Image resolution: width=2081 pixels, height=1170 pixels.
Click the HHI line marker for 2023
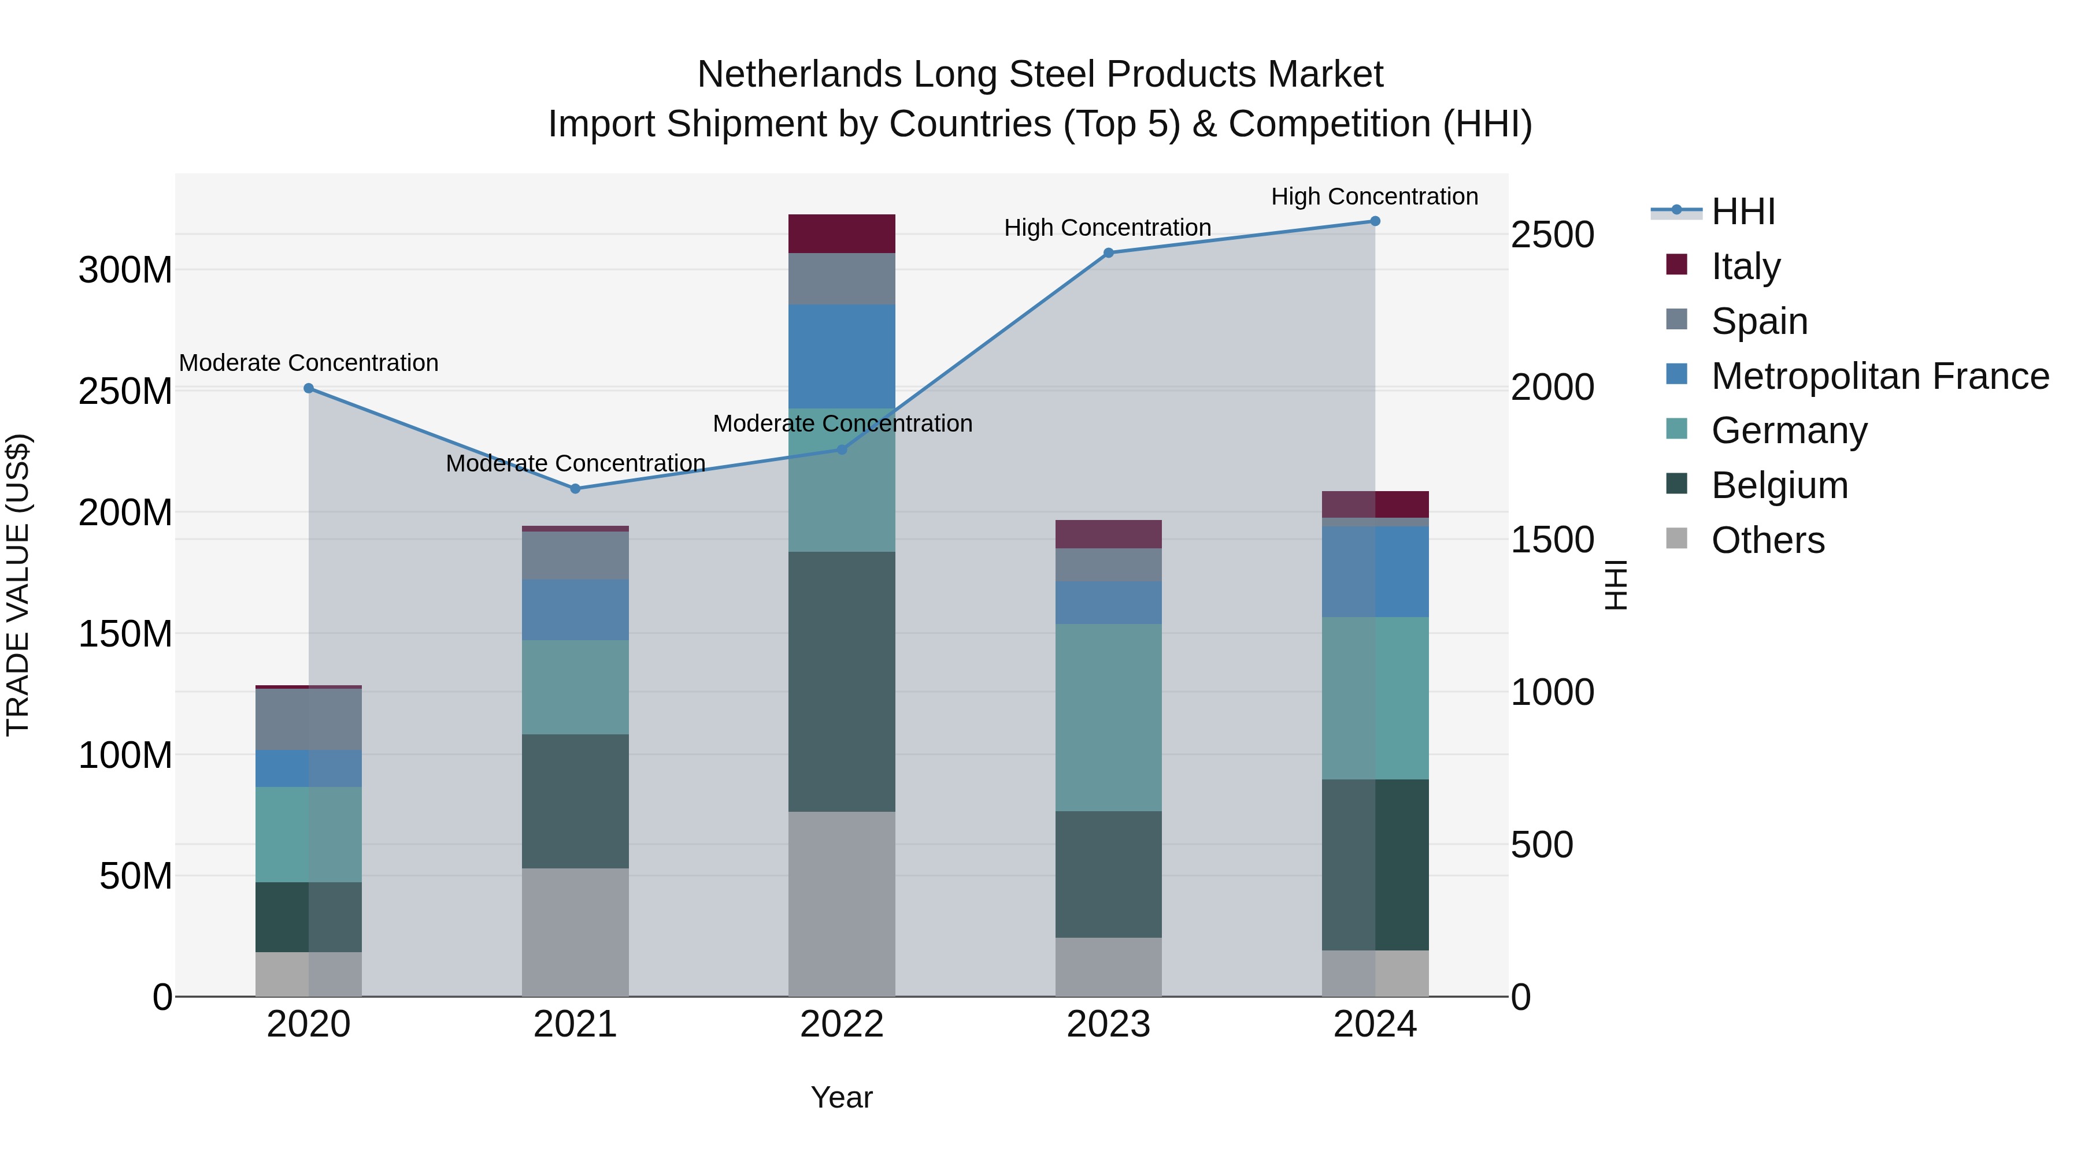coord(1108,252)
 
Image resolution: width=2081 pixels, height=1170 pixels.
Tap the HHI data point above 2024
coord(1375,221)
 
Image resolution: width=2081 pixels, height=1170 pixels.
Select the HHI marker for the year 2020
coord(309,388)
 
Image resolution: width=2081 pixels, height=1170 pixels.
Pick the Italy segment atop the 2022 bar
coord(842,233)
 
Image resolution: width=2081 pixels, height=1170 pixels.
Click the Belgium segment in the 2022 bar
coord(842,682)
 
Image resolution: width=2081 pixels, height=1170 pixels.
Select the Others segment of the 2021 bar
coord(575,932)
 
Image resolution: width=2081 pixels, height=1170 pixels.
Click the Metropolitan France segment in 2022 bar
coord(842,356)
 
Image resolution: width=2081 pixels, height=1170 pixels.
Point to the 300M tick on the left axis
coord(125,270)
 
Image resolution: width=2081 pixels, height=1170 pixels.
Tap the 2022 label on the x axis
coord(842,1024)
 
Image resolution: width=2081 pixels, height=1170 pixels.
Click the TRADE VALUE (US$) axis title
coord(18,585)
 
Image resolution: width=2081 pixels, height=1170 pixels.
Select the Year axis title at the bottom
coord(842,1097)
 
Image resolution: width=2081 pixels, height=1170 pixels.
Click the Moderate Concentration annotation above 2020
coord(309,363)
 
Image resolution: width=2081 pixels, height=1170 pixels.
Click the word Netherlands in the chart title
coord(800,75)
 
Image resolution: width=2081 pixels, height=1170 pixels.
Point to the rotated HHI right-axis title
coord(1615,585)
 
